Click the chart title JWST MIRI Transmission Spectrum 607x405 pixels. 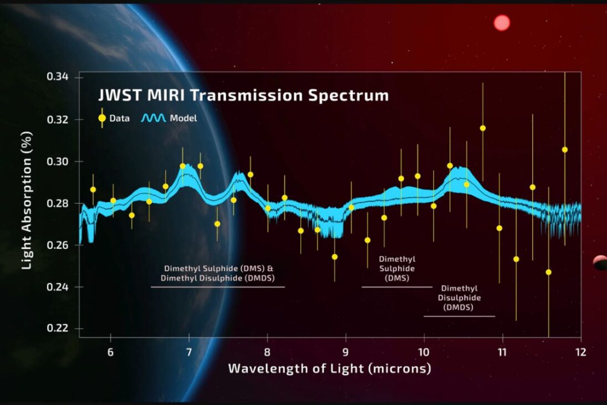point(243,95)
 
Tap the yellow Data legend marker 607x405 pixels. point(102,118)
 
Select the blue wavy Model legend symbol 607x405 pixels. point(154,118)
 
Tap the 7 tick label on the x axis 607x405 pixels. point(189,353)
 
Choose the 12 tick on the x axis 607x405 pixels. point(580,353)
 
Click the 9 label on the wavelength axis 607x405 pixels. point(346,353)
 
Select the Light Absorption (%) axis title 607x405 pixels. point(27,200)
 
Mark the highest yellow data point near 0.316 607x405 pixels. point(483,128)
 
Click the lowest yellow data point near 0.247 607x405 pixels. point(549,272)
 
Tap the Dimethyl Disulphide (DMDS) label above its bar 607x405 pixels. point(458,298)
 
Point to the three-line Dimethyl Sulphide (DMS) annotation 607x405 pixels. point(397,269)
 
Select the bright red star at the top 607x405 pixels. point(501,23)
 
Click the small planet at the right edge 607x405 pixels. point(600,262)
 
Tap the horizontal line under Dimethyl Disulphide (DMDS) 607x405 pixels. point(459,316)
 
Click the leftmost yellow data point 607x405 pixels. point(93,190)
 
